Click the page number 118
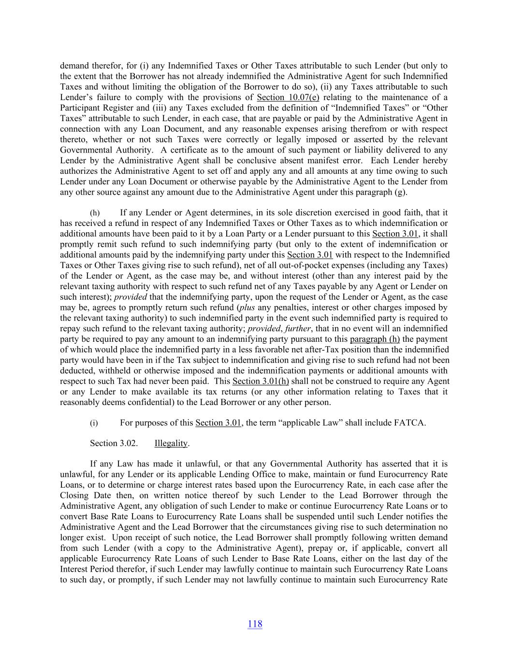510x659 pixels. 255,624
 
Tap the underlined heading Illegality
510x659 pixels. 171,444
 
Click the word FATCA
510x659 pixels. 409,423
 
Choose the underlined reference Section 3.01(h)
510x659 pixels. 261,381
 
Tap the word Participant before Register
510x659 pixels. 83,108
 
